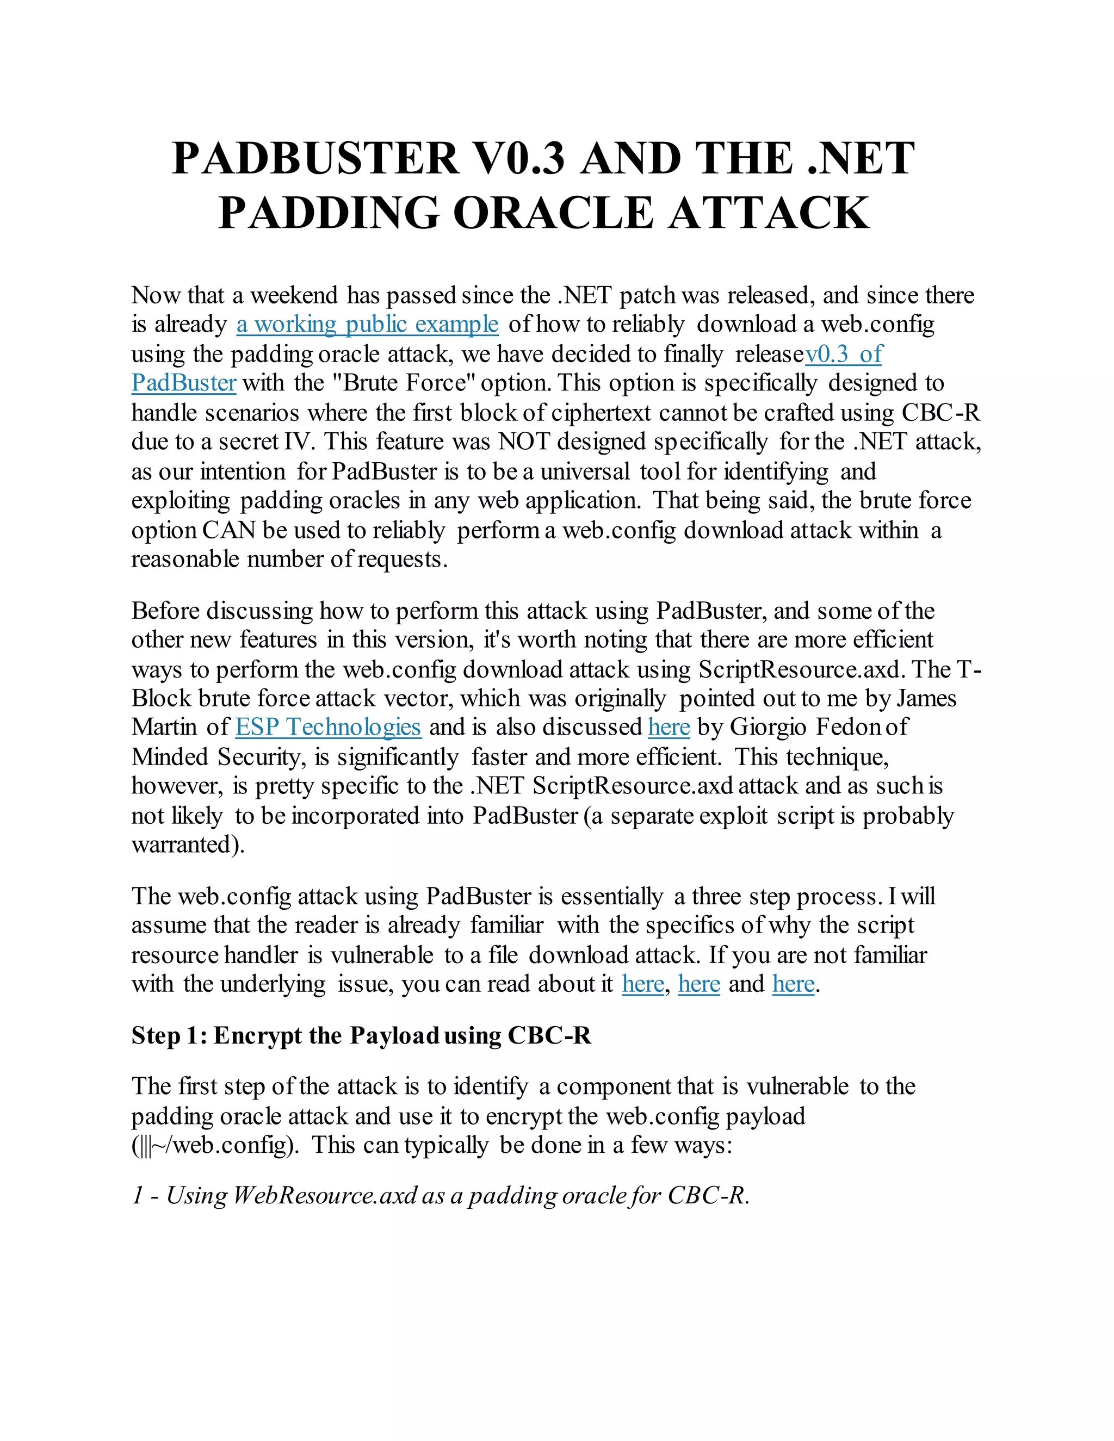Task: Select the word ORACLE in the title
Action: [x=553, y=213]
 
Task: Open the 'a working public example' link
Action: [x=367, y=324]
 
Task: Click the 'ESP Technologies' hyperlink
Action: [x=328, y=727]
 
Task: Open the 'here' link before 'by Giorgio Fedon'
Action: [x=669, y=727]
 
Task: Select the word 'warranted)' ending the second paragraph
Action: [x=188, y=844]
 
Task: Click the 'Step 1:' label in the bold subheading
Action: [x=170, y=1035]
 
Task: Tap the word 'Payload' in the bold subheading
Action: [x=394, y=1035]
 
